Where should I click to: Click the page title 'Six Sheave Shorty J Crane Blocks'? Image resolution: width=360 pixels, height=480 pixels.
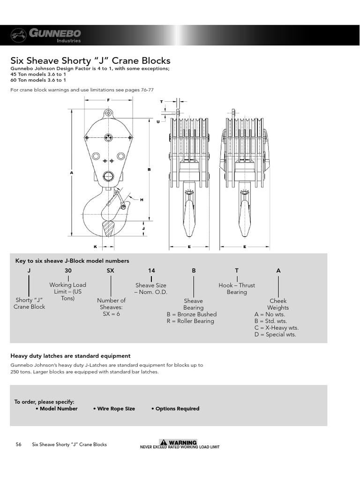coord(90,61)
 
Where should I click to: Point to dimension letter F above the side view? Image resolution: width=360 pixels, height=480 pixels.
coord(108,100)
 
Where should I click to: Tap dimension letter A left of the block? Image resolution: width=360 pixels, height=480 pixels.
coord(72,172)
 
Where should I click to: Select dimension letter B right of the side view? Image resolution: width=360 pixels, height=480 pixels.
coord(149,169)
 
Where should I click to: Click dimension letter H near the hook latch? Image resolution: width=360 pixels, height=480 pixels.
coord(141,200)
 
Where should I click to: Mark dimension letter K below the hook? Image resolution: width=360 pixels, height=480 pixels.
coord(95,246)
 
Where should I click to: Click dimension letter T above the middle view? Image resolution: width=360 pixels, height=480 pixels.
coord(161,101)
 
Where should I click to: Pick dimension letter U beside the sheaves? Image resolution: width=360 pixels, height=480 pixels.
coord(158,121)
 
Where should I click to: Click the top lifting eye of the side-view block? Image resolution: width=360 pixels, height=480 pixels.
coord(108,112)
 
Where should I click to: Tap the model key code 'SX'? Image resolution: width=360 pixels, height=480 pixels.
coord(111,271)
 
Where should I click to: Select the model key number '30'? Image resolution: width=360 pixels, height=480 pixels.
coord(68,271)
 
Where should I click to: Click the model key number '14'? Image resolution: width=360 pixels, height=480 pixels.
coord(151,271)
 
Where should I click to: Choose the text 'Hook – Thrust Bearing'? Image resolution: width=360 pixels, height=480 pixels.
coord(237,289)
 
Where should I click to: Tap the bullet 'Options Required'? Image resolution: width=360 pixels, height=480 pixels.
coord(175,409)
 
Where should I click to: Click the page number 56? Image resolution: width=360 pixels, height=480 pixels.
coord(18,444)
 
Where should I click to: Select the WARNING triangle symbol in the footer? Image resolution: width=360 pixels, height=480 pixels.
coord(163,442)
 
